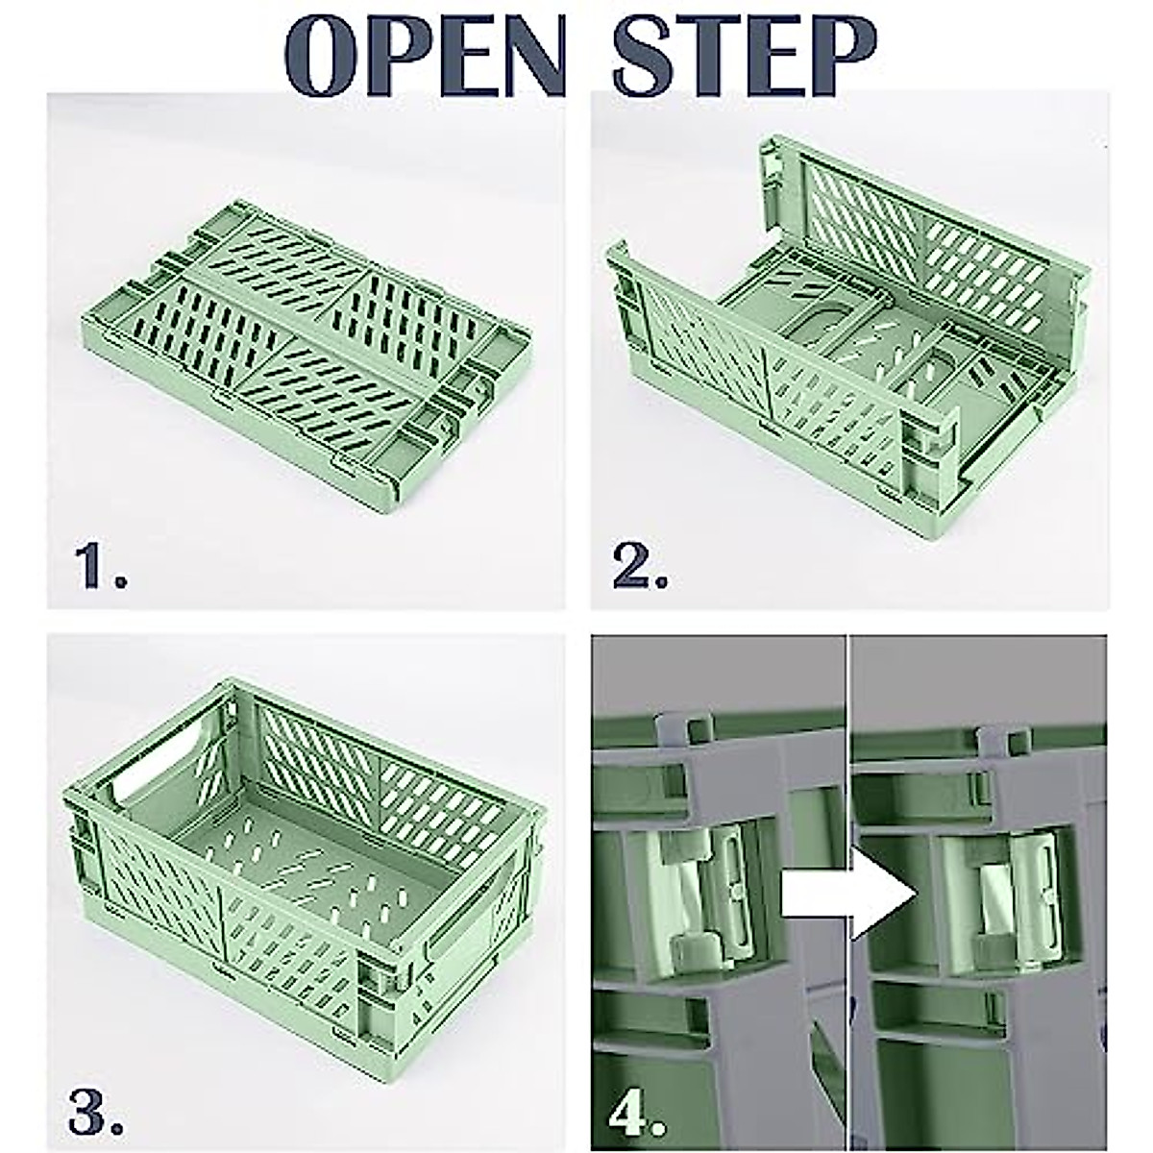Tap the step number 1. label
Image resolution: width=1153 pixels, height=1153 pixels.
coord(101,565)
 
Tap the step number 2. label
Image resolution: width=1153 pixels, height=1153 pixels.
coord(640,565)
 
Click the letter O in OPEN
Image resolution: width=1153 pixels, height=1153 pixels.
coord(322,50)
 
